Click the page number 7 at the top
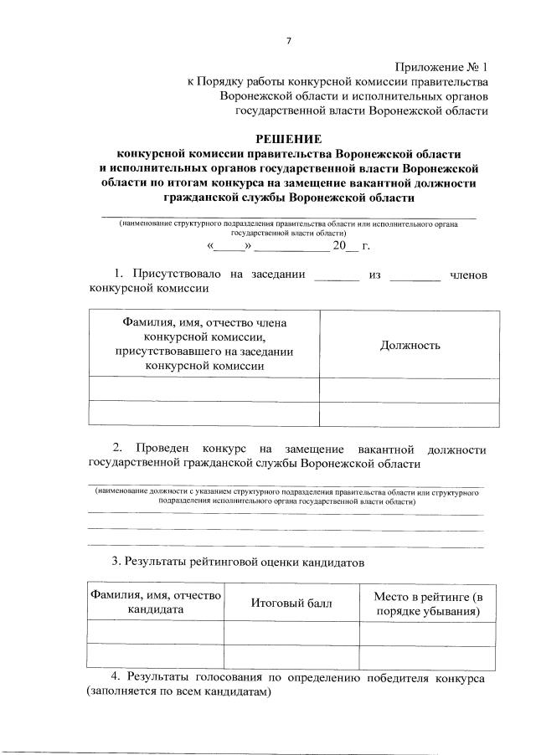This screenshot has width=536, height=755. click(286, 40)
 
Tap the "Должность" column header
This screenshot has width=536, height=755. click(410, 345)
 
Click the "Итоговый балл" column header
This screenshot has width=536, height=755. click(291, 603)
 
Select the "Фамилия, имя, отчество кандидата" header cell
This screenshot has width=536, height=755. click(156, 603)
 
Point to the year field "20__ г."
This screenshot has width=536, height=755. click(351, 247)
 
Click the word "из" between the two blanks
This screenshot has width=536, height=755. click(374, 275)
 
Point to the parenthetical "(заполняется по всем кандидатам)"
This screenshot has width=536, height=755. click(179, 693)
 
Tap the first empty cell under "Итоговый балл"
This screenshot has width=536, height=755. click(291, 632)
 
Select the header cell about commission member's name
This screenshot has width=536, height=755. click(205, 343)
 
